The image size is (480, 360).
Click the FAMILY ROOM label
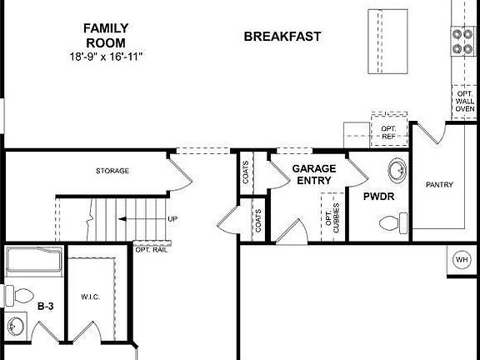[105, 35]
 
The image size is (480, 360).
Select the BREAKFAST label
[282, 37]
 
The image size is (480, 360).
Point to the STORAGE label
[112, 171]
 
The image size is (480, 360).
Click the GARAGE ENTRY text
[313, 174]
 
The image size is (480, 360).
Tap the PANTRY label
[439, 184]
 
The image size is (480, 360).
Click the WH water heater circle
[462, 260]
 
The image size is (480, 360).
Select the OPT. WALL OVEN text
[465, 102]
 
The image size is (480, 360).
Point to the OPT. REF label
[388, 132]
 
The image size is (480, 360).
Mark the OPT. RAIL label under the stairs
[151, 249]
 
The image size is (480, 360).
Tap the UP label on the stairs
[172, 219]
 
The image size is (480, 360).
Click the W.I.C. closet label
[91, 297]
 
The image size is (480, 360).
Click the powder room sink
[396, 170]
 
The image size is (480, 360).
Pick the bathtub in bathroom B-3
[33, 262]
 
